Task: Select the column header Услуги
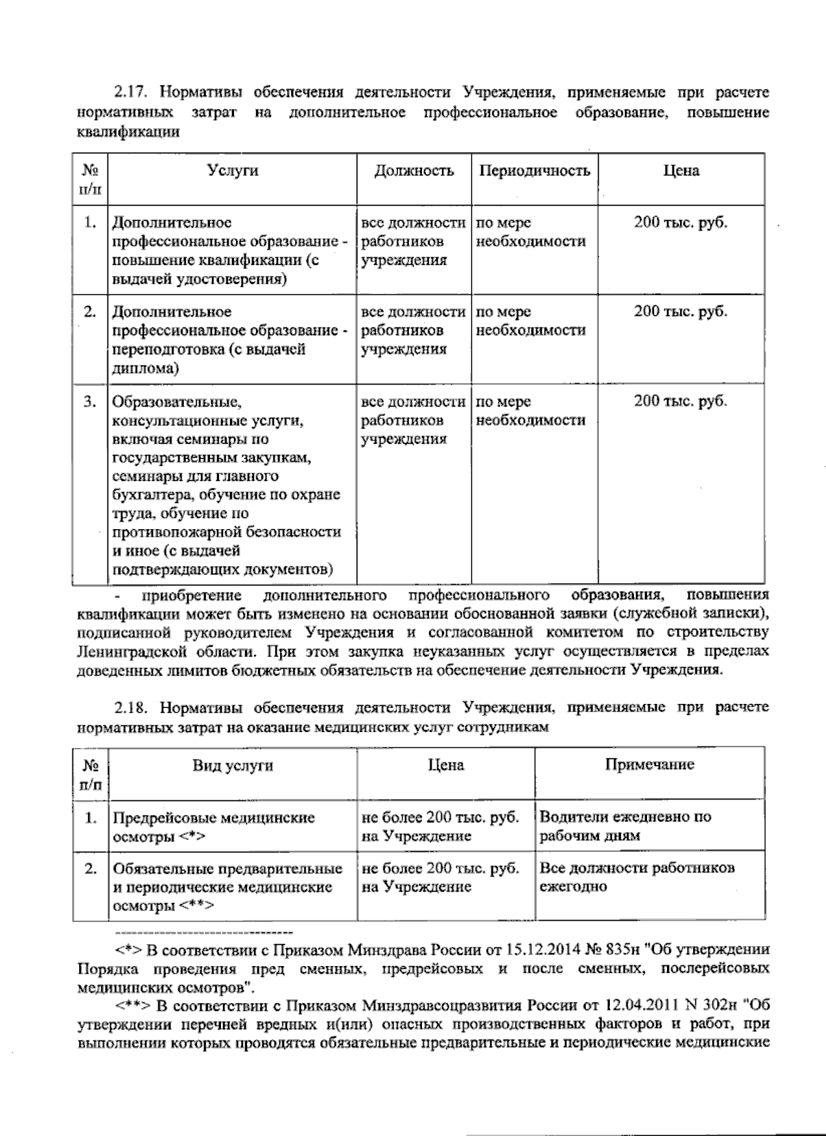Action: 233,171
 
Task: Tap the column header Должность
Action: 414,171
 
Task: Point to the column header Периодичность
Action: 534,171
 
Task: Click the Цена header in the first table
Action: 681,171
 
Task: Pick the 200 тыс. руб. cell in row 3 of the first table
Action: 680,401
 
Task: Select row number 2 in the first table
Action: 89,312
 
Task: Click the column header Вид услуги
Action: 232,766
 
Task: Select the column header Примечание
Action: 649,764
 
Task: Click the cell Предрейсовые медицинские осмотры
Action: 213,826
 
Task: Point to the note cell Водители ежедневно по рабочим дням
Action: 624,826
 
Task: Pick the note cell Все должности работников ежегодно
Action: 636,877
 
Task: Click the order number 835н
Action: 623,950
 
